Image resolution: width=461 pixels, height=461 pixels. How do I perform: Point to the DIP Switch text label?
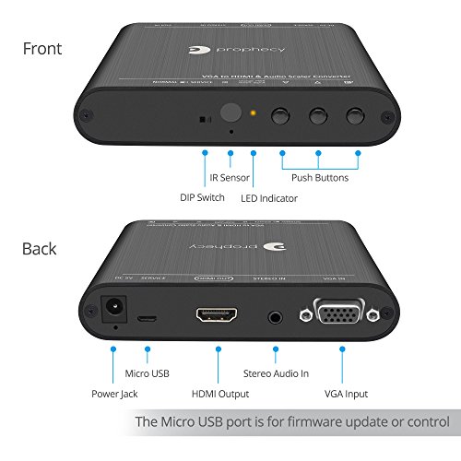[201, 196]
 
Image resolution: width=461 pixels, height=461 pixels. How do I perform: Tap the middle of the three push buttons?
[319, 116]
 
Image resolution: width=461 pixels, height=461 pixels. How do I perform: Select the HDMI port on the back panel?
[218, 315]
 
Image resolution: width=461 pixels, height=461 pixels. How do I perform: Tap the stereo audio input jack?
[274, 316]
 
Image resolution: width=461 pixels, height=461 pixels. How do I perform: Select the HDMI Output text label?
[219, 394]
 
